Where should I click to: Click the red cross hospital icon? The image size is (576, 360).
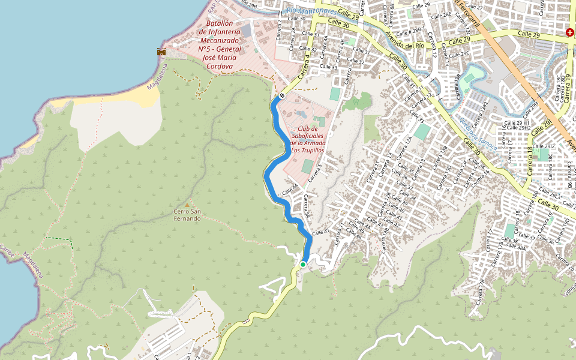coord(569,32)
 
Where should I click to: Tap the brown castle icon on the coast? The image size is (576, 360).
coord(161,52)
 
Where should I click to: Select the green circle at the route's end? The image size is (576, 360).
coord(303,264)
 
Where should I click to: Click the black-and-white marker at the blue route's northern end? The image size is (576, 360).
coord(281,95)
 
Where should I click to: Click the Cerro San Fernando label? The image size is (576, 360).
coord(187,215)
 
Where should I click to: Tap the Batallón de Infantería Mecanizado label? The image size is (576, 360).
coord(219,45)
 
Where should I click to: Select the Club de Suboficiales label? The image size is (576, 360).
coord(308,139)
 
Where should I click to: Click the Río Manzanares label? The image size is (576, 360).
coord(311,11)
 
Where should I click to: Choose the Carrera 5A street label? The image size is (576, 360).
coord(307,206)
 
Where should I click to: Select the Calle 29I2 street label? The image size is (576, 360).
coord(544,146)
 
